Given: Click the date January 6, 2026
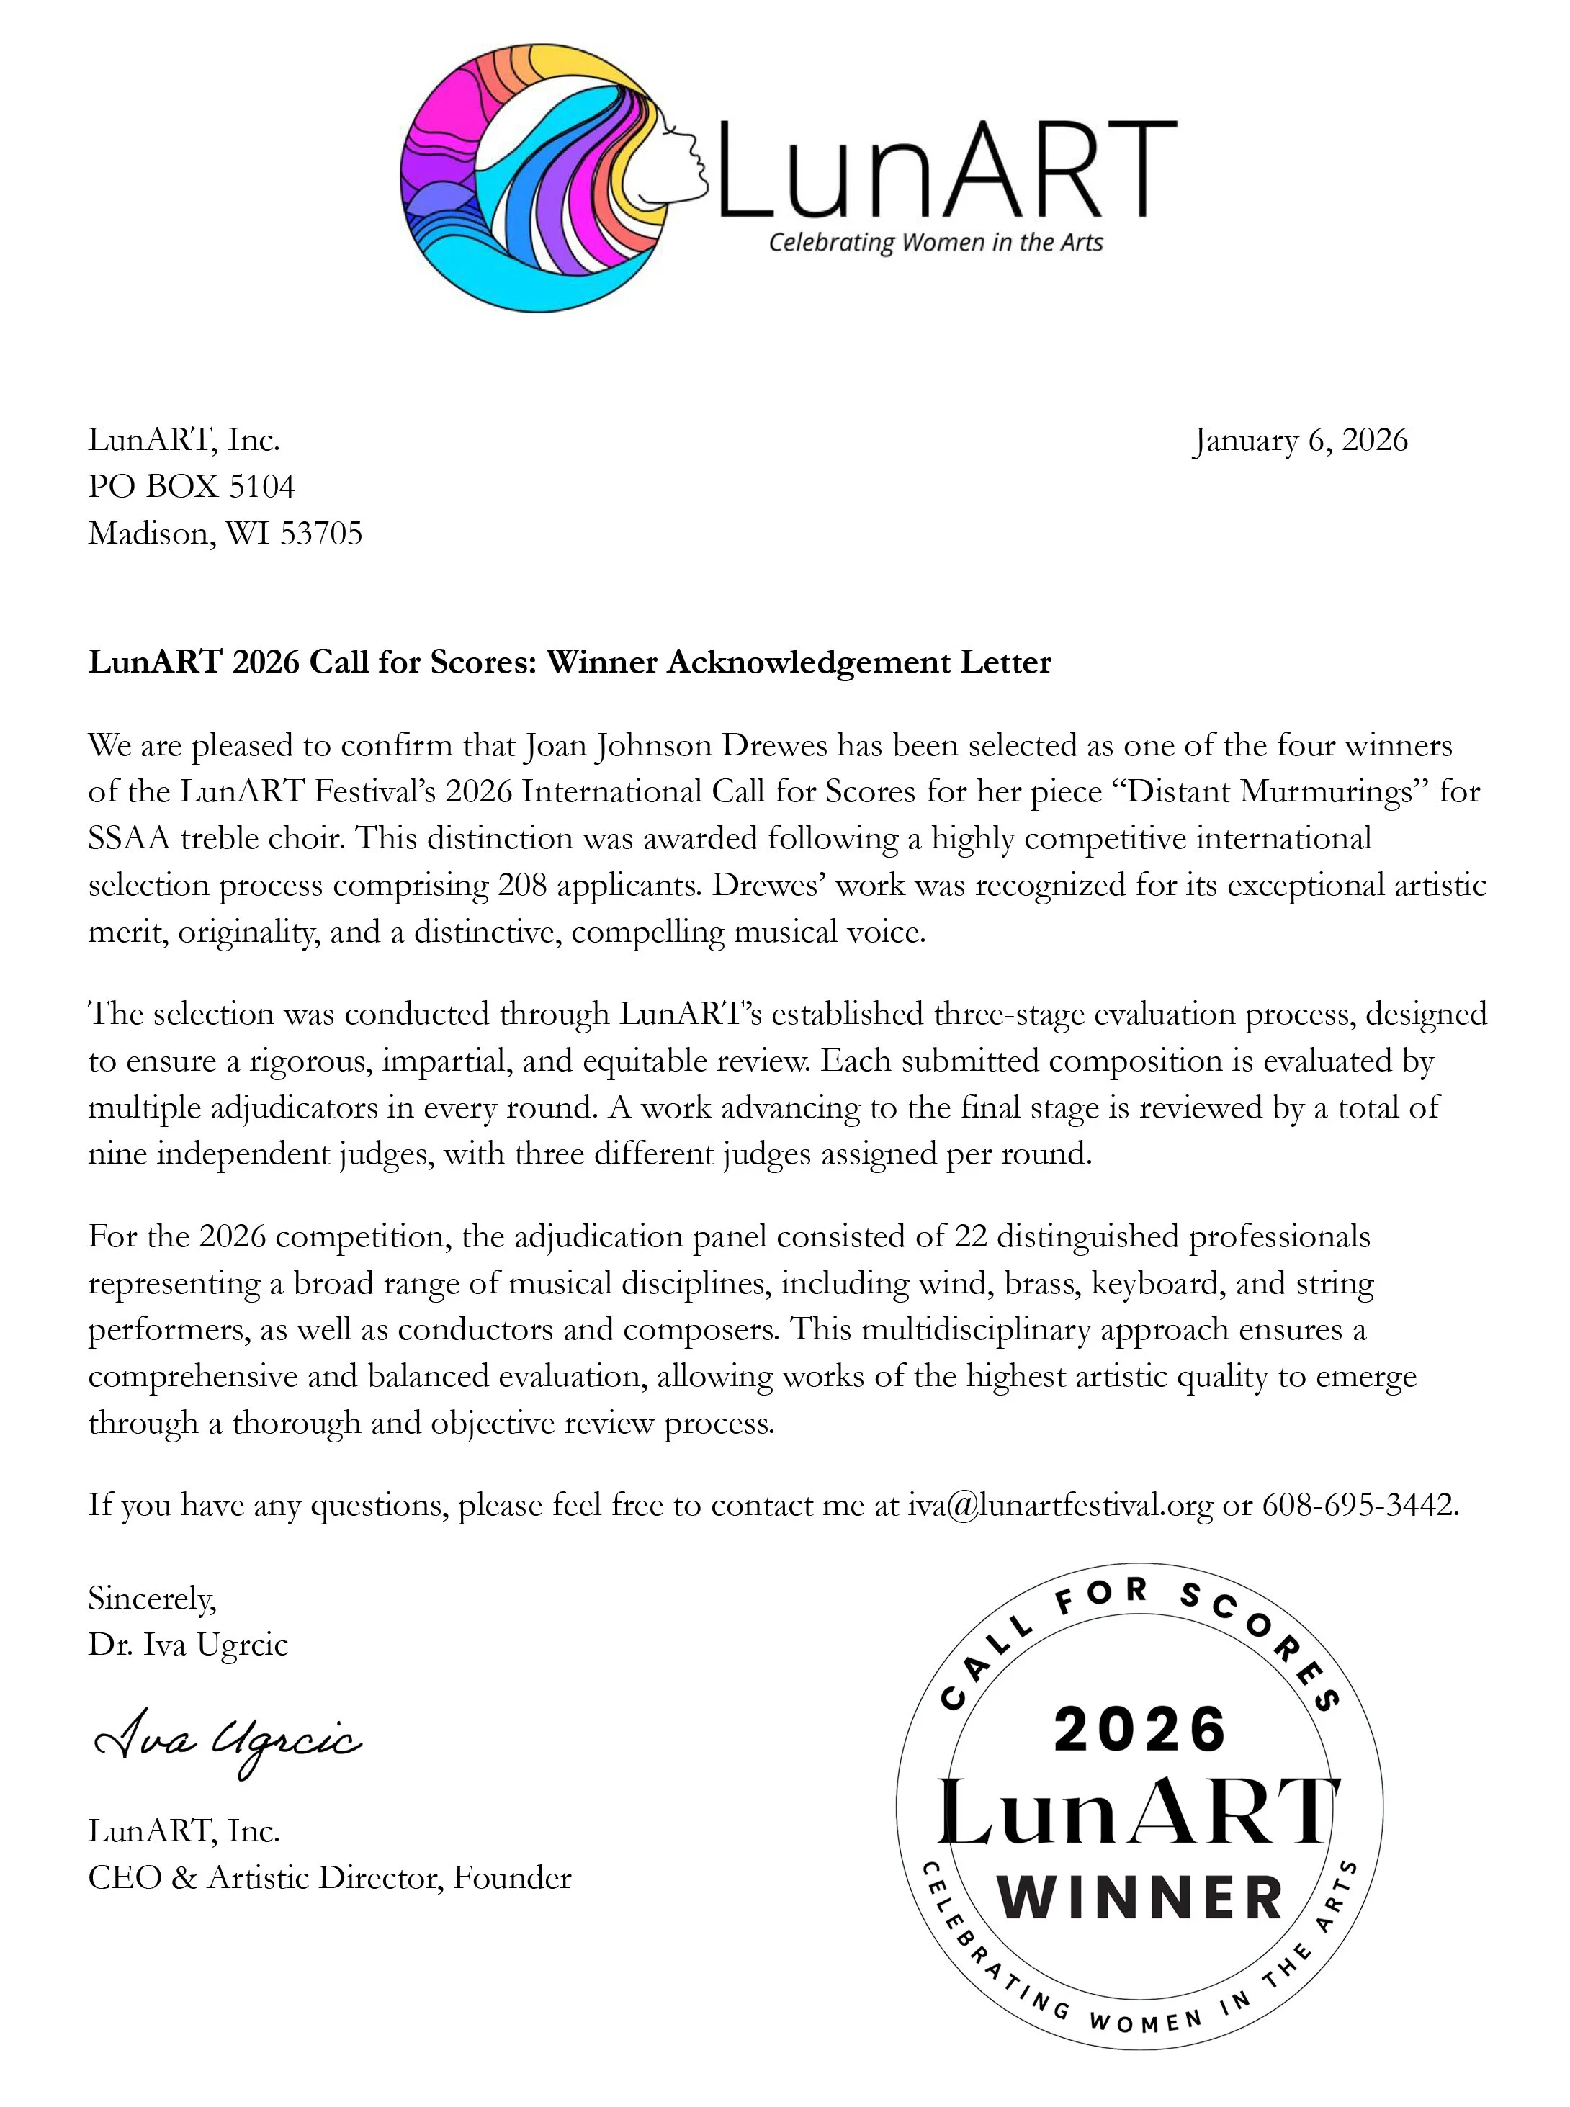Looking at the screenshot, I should [1300, 441].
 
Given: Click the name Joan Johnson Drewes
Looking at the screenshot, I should [676, 745].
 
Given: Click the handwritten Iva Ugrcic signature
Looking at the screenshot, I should [228, 1742].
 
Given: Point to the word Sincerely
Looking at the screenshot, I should [151, 1599].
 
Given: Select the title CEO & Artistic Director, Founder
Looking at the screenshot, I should [330, 1878].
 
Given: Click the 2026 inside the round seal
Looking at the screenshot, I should [1139, 1730].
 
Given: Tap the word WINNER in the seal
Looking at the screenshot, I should [1139, 1899].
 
